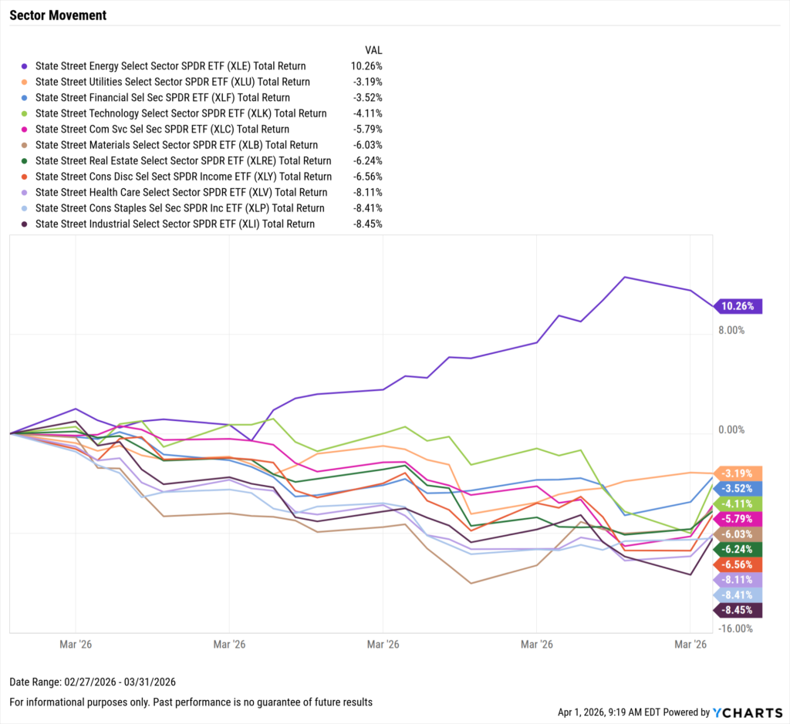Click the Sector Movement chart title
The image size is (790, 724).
(58, 15)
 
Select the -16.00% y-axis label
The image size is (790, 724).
(732, 628)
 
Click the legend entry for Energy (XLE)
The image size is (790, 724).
(170, 66)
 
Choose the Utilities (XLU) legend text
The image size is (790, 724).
(173, 82)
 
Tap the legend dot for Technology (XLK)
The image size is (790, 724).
(25, 113)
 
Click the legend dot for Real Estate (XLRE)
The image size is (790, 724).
(25, 161)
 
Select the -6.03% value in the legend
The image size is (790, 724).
(366, 145)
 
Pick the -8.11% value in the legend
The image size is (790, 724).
(366, 193)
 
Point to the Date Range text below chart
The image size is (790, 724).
(93, 682)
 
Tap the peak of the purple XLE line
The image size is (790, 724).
(625, 277)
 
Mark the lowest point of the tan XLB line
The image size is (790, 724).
(471, 583)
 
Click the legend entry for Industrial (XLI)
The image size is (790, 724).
(175, 224)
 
